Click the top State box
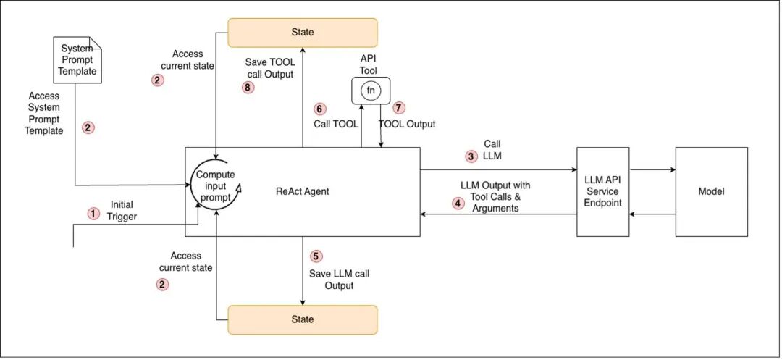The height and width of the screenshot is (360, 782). coord(303,33)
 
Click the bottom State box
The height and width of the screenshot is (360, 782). coord(303,319)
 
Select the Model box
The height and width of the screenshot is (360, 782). coord(711,192)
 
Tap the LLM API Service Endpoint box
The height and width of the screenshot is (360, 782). coord(602,192)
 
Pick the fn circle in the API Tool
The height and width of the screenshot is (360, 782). coord(371,91)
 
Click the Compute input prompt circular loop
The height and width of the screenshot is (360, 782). coord(216,186)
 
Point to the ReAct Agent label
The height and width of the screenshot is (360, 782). coord(303,192)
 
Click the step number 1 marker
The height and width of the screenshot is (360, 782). coord(93,214)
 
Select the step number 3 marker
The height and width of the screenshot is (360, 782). coord(471,156)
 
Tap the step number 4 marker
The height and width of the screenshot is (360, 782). coord(458,204)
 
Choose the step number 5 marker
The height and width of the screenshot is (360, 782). coord(315,256)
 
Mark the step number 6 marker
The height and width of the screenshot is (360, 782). coord(320,109)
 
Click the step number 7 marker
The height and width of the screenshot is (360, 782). coord(399,108)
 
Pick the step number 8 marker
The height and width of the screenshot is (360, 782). coord(248,88)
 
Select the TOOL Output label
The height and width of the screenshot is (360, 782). coord(408,124)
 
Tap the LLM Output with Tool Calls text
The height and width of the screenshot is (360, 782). coord(495,197)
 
